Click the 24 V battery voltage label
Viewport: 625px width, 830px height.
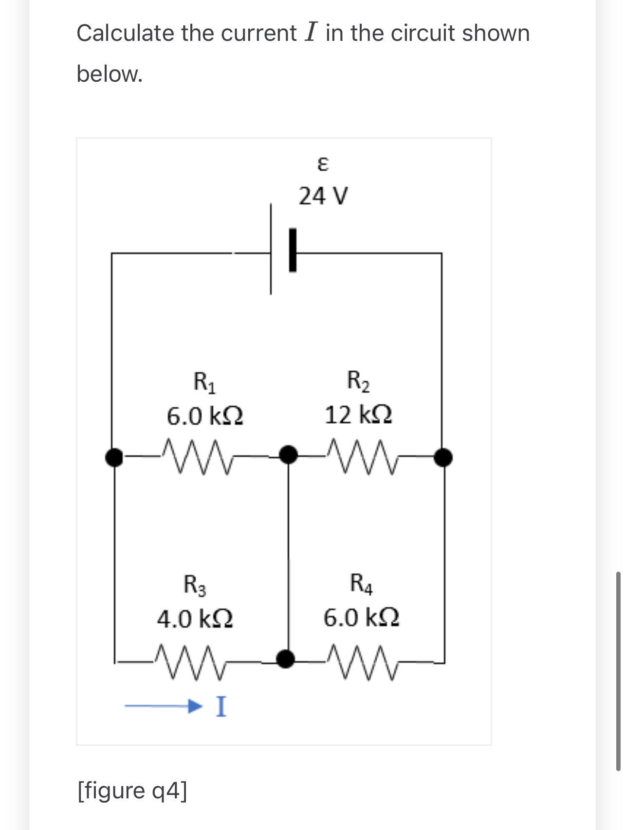(323, 197)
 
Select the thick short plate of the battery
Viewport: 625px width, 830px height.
(293, 251)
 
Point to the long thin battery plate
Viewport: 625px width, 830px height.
(271, 249)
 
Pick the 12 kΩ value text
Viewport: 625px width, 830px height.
(358, 415)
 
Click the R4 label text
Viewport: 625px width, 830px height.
(362, 584)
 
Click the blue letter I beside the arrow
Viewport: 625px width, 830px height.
(221, 706)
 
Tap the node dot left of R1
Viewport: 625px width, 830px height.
(114, 457)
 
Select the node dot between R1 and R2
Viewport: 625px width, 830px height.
(288, 455)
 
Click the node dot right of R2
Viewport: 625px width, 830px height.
(443, 457)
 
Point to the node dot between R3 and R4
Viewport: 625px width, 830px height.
(286, 659)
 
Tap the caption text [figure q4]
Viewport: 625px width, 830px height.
(132, 790)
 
